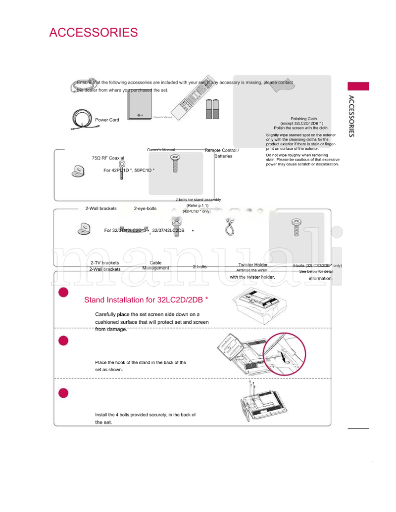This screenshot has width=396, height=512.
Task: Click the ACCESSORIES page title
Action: pyautogui.click(x=93, y=33)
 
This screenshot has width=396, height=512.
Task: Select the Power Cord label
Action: pyautogui.click(x=107, y=120)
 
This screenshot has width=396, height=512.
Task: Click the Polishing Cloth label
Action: pyautogui.click(x=303, y=119)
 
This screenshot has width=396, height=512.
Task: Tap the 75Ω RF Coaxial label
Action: pyautogui.click(x=108, y=158)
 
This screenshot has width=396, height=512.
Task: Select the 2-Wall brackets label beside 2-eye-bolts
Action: pyautogui.click(x=101, y=209)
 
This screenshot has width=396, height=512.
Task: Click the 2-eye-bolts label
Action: pyautogui.click(x=145, y=209)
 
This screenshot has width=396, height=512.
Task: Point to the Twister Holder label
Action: pyautogui.click(x=252, y=265)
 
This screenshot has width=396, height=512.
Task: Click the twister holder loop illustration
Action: pyautogui.click(x=229, y=228)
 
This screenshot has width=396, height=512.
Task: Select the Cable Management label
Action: pyautogui.click(x=155, y=265)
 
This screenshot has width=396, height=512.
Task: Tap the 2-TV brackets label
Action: pyautogui.click(x=104, y=263)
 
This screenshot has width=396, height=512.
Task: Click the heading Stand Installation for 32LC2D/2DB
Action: pyautogui.click(x=146, y=300)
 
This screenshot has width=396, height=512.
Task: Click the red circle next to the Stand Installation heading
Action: pyautogui.click(x=63, y=292)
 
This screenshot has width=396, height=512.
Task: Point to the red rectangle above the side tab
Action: pyautogui.click(x=358, y=86)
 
